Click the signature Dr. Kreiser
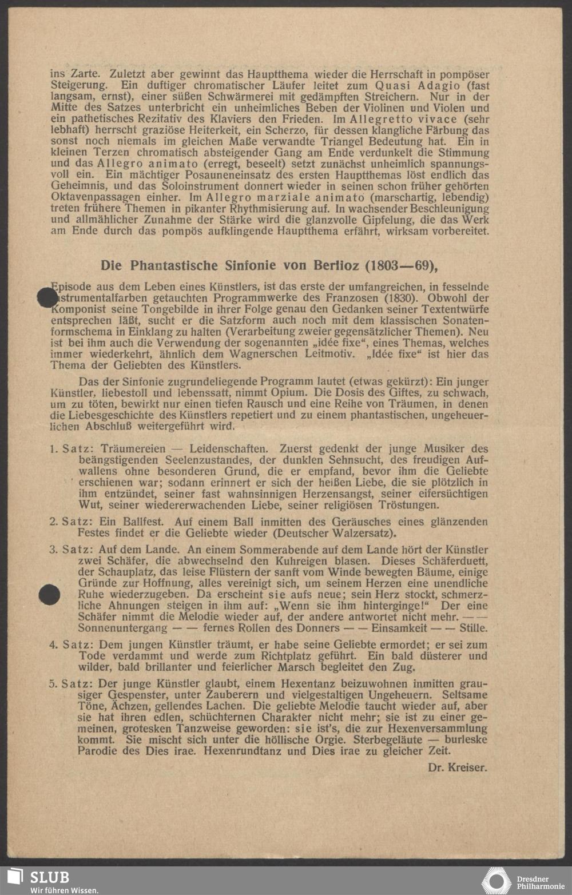pos(457,767)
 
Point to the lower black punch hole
pos(49,595)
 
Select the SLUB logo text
pos(49,877)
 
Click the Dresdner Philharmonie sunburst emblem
pos(495,881)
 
